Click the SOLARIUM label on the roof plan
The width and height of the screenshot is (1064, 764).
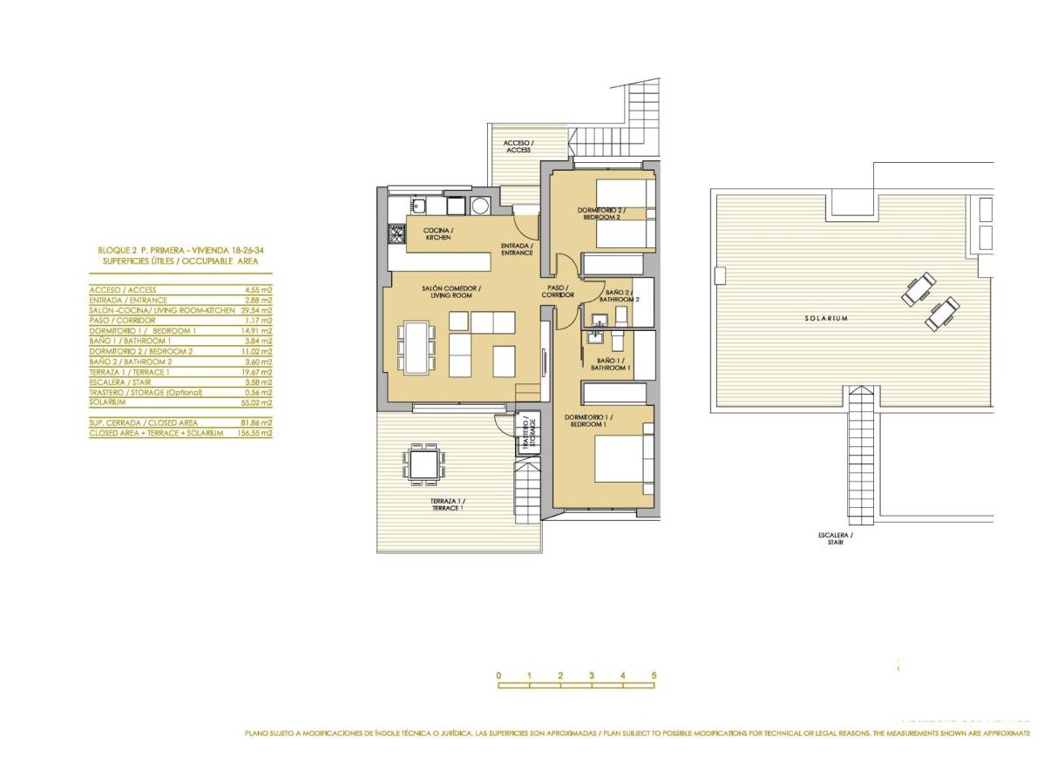tap(826, 319)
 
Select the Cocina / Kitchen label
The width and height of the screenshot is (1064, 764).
tap(438, 233)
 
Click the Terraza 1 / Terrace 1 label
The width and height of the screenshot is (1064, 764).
tap(447, 504)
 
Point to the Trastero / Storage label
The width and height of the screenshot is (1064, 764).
tap(528, 432)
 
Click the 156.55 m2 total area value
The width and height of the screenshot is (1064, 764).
tap(254, 432)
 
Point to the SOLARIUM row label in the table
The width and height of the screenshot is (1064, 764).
tap(107, 402)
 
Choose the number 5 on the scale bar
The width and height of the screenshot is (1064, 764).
tap(653, 675)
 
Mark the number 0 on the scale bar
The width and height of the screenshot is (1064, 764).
tap(498, 675)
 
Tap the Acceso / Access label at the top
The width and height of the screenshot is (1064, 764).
tap(518, 146)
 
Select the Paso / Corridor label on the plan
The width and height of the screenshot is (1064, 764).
tap(557, 292)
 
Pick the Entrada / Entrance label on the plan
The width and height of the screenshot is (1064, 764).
tap(517, 249)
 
